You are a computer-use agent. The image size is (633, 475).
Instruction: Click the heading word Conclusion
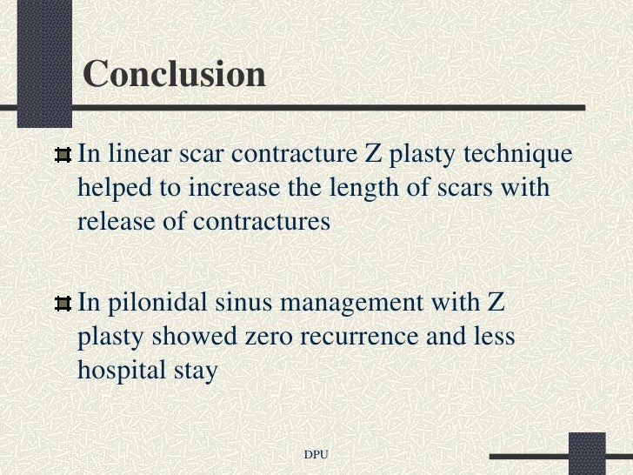click(x=174, y=75)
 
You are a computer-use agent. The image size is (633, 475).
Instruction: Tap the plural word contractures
click(x=262, y=221)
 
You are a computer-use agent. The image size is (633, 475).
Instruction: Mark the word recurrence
click(x=357, y=337)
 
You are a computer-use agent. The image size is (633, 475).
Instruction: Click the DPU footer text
click(x=316, y=455)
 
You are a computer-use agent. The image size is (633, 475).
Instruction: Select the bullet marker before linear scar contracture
click(x=63, y=156)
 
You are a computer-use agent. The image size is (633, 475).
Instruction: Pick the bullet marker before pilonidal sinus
click(x=63, y=304)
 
